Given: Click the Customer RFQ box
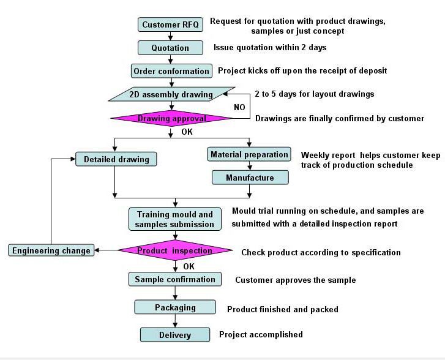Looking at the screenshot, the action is click(x=170, y=24).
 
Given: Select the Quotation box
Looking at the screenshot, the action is click(x=170, y=48).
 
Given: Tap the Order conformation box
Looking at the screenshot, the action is click(x=171, y=71).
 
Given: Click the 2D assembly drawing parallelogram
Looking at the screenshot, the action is click(x=172, y=94).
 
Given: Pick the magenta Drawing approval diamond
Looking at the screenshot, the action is click(x=171, y=118).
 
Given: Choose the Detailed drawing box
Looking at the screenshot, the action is click(x=116, y=159).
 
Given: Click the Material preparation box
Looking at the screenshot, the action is click(x=249, y=154).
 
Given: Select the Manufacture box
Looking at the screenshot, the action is click(x=250, y=178).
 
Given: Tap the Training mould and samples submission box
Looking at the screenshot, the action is click(x=175, y=219).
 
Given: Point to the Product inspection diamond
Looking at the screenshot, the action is click(x=175, y=250).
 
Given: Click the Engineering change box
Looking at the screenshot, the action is click(x=51, y=250).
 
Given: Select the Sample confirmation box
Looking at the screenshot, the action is click(x=175, y=279).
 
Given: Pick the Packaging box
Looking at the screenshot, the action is click(x=175, y=307).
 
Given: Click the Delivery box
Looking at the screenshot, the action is click(x=175, y=335).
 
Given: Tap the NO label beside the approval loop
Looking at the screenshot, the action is click(x=239, y=107).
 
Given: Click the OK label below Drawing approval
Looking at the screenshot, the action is click(x=187, y=132).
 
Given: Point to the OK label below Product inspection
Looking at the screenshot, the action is click(x=189, y=266).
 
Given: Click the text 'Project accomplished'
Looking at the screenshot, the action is click(x=261, y=334).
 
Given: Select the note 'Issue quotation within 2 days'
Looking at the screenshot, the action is click(x=270, y=47).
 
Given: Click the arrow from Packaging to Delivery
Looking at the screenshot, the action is click(x=175, y=321).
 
